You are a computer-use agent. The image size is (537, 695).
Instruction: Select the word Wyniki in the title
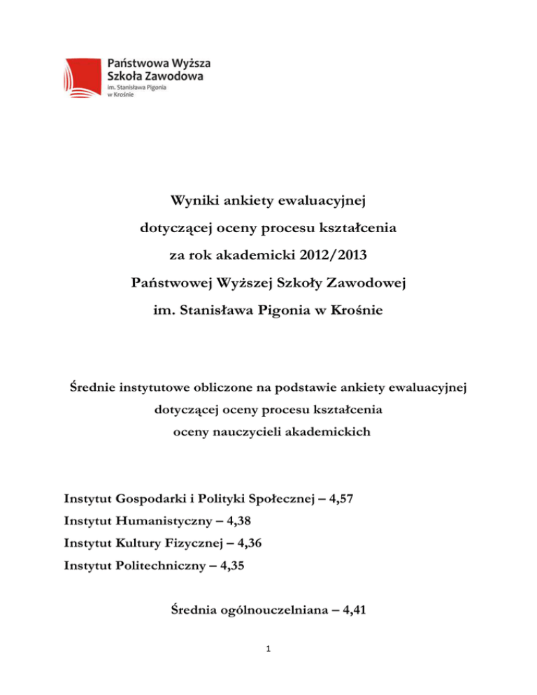pos(193,203)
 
